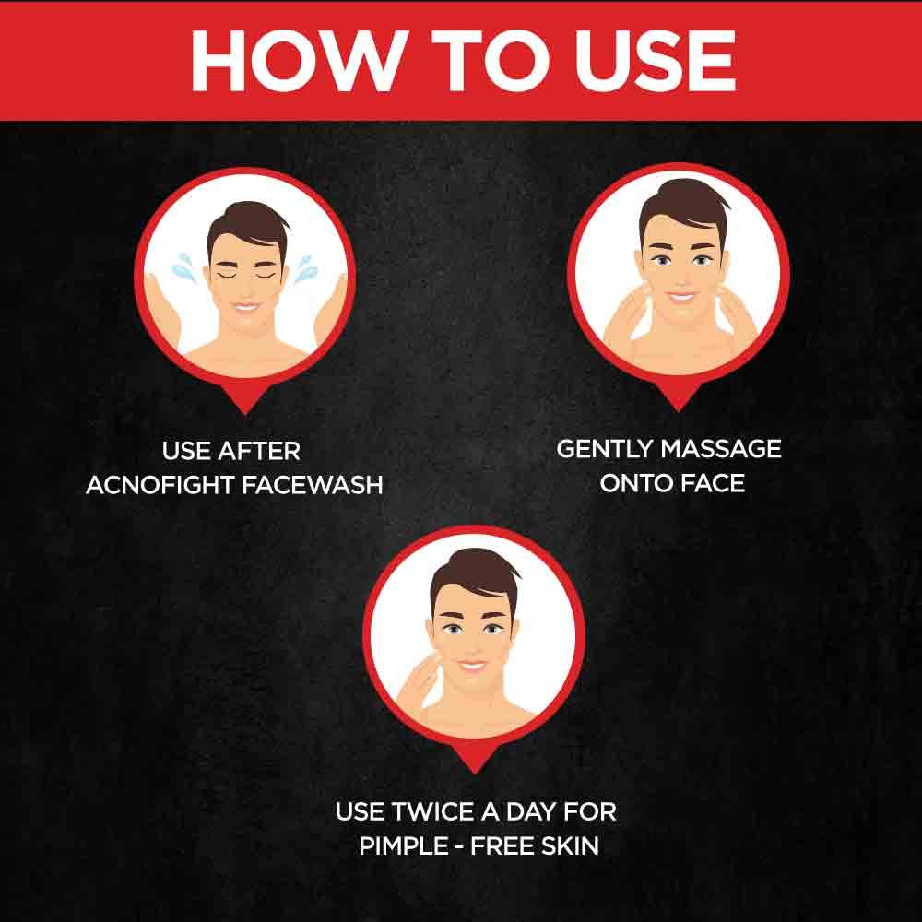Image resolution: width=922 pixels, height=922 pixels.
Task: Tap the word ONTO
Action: [x=637, y=482]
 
